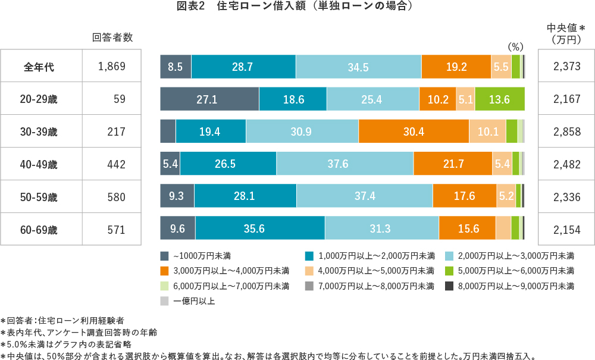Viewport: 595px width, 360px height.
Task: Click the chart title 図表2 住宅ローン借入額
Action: [295, 7]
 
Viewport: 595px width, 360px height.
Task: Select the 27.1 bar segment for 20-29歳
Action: [209, 99]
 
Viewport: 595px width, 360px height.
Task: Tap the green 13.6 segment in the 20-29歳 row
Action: [499, 99]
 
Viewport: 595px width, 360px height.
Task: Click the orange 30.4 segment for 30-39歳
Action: [414, 132]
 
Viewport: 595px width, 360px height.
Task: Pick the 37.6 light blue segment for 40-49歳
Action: [345, 164]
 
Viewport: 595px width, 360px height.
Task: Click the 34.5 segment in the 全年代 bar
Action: [358, 67]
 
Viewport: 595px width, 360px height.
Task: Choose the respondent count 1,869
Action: [112, 67]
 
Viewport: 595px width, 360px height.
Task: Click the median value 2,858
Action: [566, 132]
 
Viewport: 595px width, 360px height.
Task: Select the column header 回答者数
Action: [112, 37]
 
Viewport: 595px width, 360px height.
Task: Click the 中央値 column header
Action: [566, 29]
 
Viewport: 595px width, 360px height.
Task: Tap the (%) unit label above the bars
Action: [515, 46]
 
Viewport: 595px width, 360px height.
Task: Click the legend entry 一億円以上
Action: [194, 301]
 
